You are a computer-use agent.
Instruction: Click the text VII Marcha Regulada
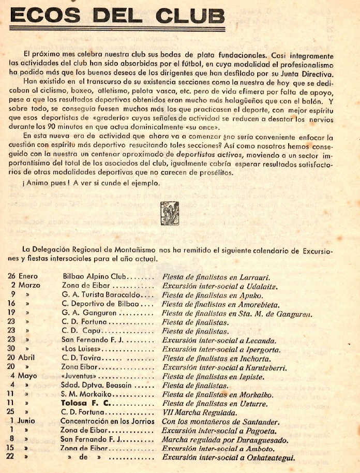coord(200,412)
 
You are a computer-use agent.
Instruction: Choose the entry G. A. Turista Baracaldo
coord(103,295)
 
